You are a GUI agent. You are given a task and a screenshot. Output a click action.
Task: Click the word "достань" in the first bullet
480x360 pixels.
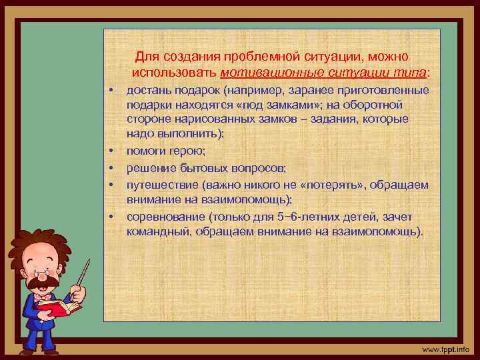(148, 91)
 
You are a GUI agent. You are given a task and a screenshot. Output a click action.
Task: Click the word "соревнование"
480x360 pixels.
(166, 217)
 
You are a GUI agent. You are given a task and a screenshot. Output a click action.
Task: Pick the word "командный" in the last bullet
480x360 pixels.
(155, 231)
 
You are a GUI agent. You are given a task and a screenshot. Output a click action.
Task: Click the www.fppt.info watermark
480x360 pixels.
(445, 349)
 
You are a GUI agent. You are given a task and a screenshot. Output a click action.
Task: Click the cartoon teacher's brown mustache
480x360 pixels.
(42, 282)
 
